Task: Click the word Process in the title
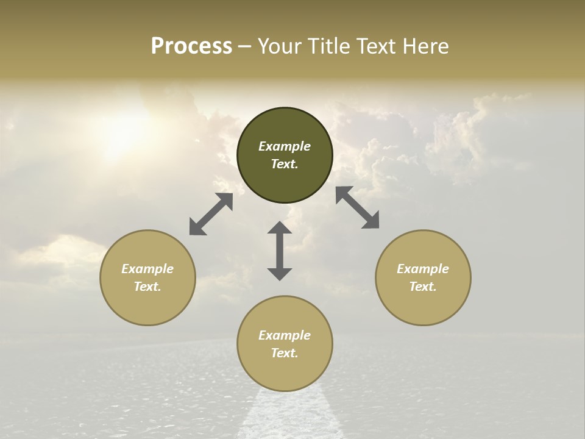(x=191, y=46)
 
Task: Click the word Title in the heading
(x=327, y=46)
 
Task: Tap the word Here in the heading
(x=425, y=46)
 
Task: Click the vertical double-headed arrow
(x=280, y=251)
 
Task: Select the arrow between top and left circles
(x=211, y=214)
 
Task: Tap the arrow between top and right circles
(x=358, y=207)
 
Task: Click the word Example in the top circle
(x=285, y=146)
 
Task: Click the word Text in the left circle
(x=147, y=287)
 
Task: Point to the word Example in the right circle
(x=423, y=269)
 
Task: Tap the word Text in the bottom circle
(x=285, y=353)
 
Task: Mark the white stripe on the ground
(x=286, y=415)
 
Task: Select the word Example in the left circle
(x=147, y=269)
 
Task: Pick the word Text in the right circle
(x=423, y=287)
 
